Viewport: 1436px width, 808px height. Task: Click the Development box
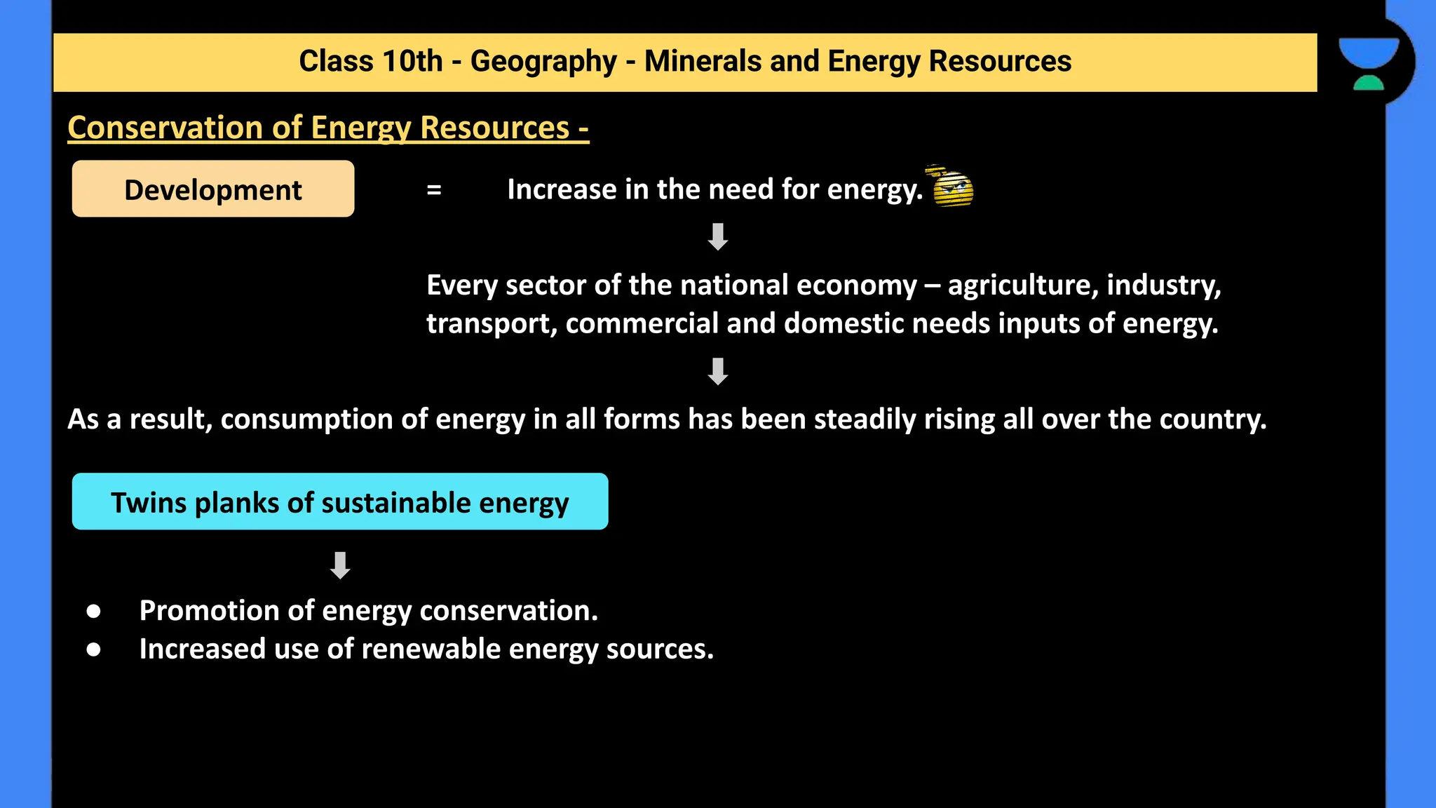213,189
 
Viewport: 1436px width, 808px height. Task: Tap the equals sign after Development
434,189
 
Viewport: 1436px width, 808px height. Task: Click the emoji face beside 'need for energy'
952,187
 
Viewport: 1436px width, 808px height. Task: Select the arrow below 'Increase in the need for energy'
717,237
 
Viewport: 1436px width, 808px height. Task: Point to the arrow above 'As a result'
717,372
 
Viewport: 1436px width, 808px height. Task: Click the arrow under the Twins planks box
340,565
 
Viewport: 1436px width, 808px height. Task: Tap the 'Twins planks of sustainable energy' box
340,501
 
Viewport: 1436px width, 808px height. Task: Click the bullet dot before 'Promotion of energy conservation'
93,612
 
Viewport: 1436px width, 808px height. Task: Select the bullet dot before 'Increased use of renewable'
93,650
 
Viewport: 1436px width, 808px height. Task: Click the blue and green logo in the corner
1369,63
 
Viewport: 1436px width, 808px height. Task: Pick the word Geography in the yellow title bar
543,62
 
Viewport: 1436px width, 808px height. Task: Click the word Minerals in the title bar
703,61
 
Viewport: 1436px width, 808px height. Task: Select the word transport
491,324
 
